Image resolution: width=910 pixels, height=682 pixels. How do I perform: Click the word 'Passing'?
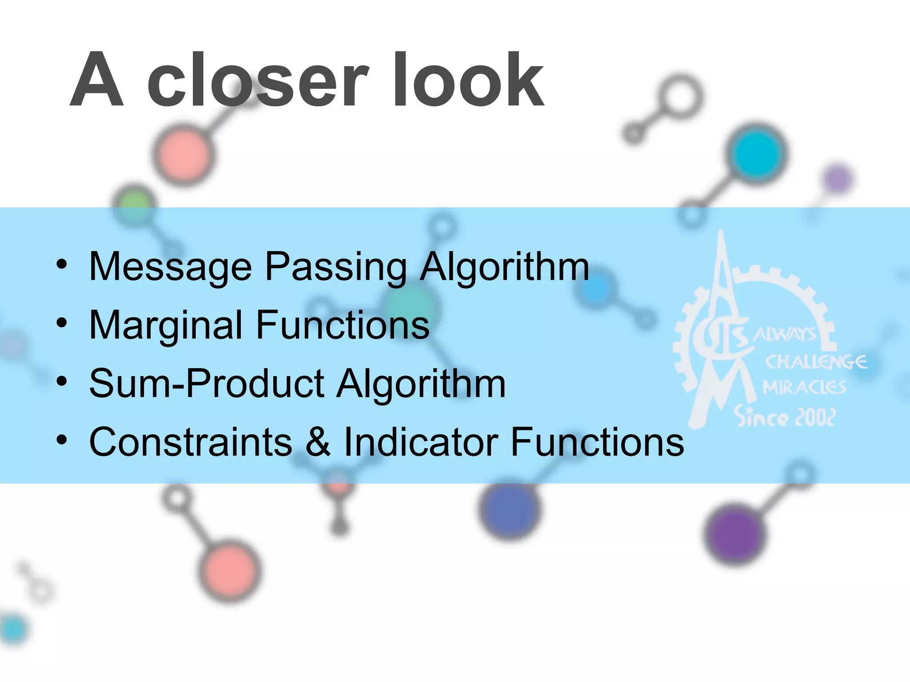click(336, 267)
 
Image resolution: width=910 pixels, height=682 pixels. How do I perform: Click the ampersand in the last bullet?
click(318, 442)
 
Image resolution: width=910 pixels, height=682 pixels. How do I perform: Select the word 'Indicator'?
click(421, 442)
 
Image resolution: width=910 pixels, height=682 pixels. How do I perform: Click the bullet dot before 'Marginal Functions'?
click(62, 323)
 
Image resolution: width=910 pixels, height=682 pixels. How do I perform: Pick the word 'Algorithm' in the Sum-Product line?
click(421, 384)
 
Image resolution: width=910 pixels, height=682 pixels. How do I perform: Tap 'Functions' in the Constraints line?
click(598, 442)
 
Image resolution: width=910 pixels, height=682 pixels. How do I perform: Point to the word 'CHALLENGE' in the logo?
click(816, 362)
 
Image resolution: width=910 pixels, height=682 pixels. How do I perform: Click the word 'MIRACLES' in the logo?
click(804, 388)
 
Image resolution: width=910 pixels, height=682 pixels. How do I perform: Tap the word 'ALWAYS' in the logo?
click(785, 334)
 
